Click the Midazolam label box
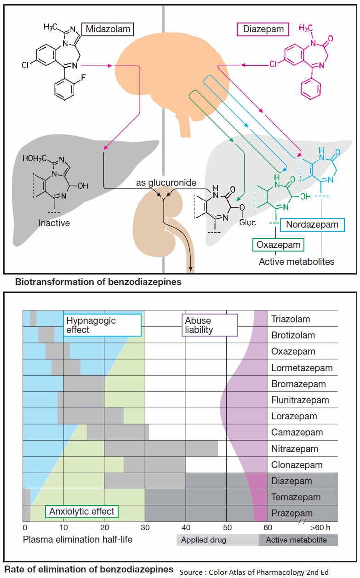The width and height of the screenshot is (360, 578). pos(108,29)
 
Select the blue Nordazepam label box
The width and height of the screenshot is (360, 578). pos(312,224)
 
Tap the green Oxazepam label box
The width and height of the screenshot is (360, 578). pos(278,245)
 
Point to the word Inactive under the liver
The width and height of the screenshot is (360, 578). pos(54,223)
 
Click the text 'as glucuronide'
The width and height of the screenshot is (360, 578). pos(166,183)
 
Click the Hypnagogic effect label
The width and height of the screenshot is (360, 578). pos(102,325)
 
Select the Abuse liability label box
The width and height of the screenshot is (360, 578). pos(210,325)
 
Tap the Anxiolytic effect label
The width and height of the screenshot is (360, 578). pos(82,511)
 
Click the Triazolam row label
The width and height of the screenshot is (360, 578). pos(291,319)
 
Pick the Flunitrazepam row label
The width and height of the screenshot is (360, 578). pos(300,400)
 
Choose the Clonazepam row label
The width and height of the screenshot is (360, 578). pos(297,465)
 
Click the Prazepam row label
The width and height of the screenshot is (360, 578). pos(292,514)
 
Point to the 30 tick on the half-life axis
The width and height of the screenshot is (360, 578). pos(145,527)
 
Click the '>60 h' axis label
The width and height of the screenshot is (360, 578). pos(320,527)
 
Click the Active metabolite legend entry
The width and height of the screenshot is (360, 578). pos(296,540)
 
